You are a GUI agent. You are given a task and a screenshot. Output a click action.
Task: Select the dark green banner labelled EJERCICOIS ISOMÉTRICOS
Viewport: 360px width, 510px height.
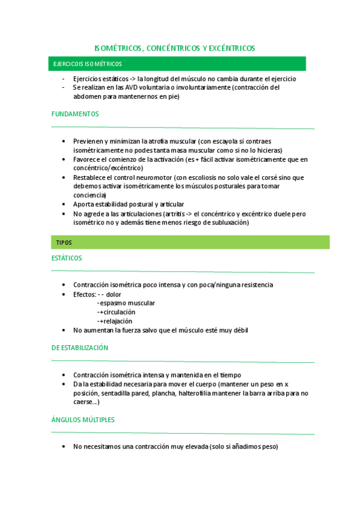point(177,64)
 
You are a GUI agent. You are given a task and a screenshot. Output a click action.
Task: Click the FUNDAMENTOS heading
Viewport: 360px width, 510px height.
point(75,114)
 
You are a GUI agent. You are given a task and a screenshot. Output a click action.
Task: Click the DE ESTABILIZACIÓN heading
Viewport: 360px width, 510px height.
point(80,348)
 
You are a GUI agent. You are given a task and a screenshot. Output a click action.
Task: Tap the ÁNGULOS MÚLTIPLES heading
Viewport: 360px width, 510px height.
point(83,419)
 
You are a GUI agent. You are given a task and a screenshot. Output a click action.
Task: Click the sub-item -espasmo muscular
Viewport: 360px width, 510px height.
point(126,303)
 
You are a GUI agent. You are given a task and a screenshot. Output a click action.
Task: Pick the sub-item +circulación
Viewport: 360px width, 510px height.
point(117,312)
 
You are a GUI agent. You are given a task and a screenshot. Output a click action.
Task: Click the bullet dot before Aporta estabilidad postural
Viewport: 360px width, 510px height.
point(64,204)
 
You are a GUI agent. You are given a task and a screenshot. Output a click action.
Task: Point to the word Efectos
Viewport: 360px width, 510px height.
point(84,294)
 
